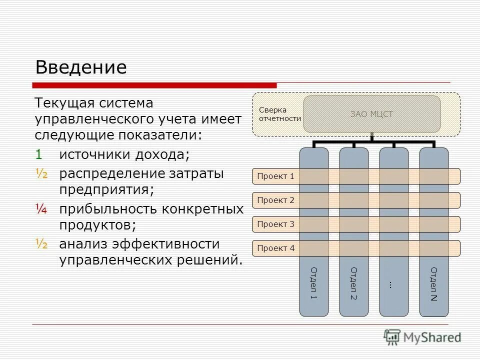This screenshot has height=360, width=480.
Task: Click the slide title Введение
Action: coord(80,67)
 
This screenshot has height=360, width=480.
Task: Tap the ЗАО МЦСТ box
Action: coord(371,114)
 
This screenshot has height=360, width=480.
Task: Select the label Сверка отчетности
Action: coord(279,114)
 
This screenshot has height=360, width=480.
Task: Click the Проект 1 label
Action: coord(275,176)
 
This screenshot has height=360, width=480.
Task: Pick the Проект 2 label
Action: coord(275,200)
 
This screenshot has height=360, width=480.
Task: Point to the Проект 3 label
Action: coord(275,224)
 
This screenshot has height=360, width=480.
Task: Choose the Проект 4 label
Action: coord(275,248)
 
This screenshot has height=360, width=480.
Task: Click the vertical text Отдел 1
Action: coord(314,283)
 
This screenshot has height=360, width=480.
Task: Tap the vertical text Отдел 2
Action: coord(354,283)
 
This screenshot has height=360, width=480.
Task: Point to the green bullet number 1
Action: coord(39,154)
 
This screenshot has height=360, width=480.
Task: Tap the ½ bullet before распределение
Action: coord(41,173)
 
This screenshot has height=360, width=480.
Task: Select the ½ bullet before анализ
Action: coord(41,244)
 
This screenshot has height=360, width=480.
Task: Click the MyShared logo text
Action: coord(432,337)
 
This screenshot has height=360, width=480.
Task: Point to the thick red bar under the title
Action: coord(154,85)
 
